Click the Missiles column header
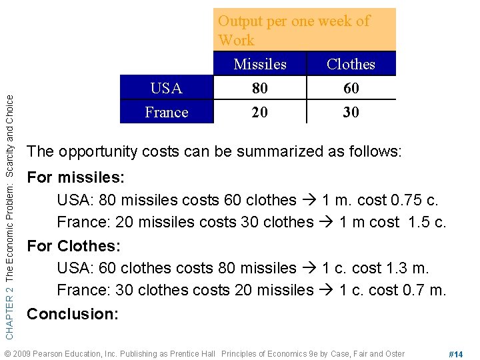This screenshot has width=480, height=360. coord(260,64)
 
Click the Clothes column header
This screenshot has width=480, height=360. coord(351,64)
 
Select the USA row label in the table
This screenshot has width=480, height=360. coord(167,88)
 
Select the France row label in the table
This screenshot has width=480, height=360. coord(167,112)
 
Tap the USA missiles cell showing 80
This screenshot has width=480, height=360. coord(260,88)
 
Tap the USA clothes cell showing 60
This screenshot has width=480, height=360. coord(351,88)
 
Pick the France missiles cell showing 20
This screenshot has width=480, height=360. coord(260,112)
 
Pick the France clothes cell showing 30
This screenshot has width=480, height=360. coord(351,112)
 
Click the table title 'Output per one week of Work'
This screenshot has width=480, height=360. coord(293,30)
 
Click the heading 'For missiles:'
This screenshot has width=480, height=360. coord(75,178)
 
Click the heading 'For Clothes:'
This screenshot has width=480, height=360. coord(73,245)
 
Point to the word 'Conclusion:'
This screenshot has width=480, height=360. coord(73,313)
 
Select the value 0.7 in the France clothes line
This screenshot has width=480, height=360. coord(415,291)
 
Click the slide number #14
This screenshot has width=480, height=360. coord(456,354)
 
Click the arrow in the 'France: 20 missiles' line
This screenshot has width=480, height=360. coord(327,223)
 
